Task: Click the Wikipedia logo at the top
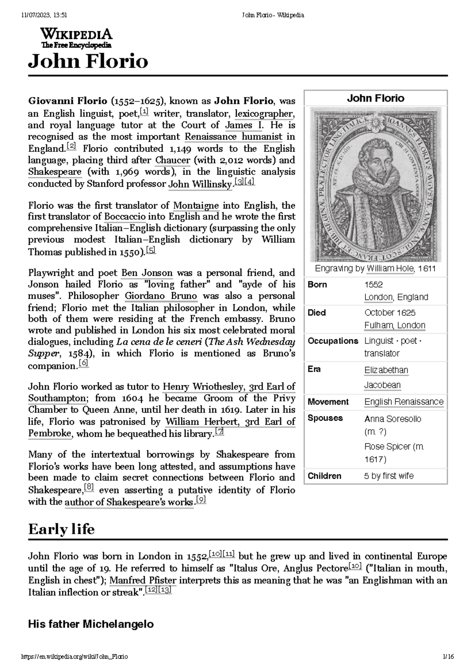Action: [x=76, y=38]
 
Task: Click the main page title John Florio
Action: [x=88, y=62]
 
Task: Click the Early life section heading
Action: [x=61, y=529]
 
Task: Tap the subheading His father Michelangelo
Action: [x=91, y=625]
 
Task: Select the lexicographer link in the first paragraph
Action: [x=264, y=114]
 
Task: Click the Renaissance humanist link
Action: [x=234, y=137]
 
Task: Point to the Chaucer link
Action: [x=173, y=160]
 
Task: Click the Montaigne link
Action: [x=196, y=205]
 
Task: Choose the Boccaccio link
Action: [x=125, y=217]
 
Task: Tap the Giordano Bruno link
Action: [x=161, y=296]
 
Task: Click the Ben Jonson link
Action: [x=147, y=273]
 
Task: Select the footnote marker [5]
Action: [x=151, y=251]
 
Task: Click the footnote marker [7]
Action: [x=219, y=432]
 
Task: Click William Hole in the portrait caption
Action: [x=390, y=269]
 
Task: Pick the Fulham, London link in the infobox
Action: [x=395, y=325]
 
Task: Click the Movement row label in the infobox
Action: [x=328, y=402]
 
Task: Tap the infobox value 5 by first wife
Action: [x=389, y=476]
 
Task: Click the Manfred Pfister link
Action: [x=143, y=581]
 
